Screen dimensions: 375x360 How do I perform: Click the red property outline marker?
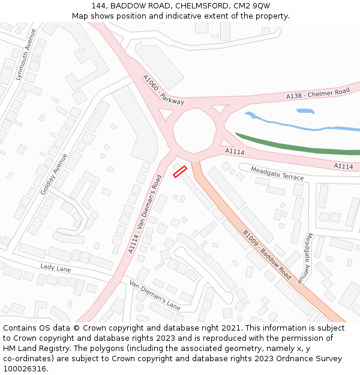coord(180,172)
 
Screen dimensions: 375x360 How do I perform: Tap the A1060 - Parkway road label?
coord(163,91)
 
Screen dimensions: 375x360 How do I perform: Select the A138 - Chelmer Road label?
coord(317,94)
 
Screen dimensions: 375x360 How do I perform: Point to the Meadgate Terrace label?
coord(277,173)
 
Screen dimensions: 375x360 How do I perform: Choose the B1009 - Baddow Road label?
coord(266,254)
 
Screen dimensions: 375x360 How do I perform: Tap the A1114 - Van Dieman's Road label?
coord(145,214)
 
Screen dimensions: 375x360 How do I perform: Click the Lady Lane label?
coord(55,268)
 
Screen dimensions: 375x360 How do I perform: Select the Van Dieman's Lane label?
coord(155,294)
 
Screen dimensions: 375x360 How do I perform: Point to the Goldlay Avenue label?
coord(54,173)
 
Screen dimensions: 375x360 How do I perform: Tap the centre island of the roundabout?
coord(194,127)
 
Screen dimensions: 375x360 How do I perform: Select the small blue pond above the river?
coord(305,111)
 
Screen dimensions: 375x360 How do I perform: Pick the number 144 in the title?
coord(100,5)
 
